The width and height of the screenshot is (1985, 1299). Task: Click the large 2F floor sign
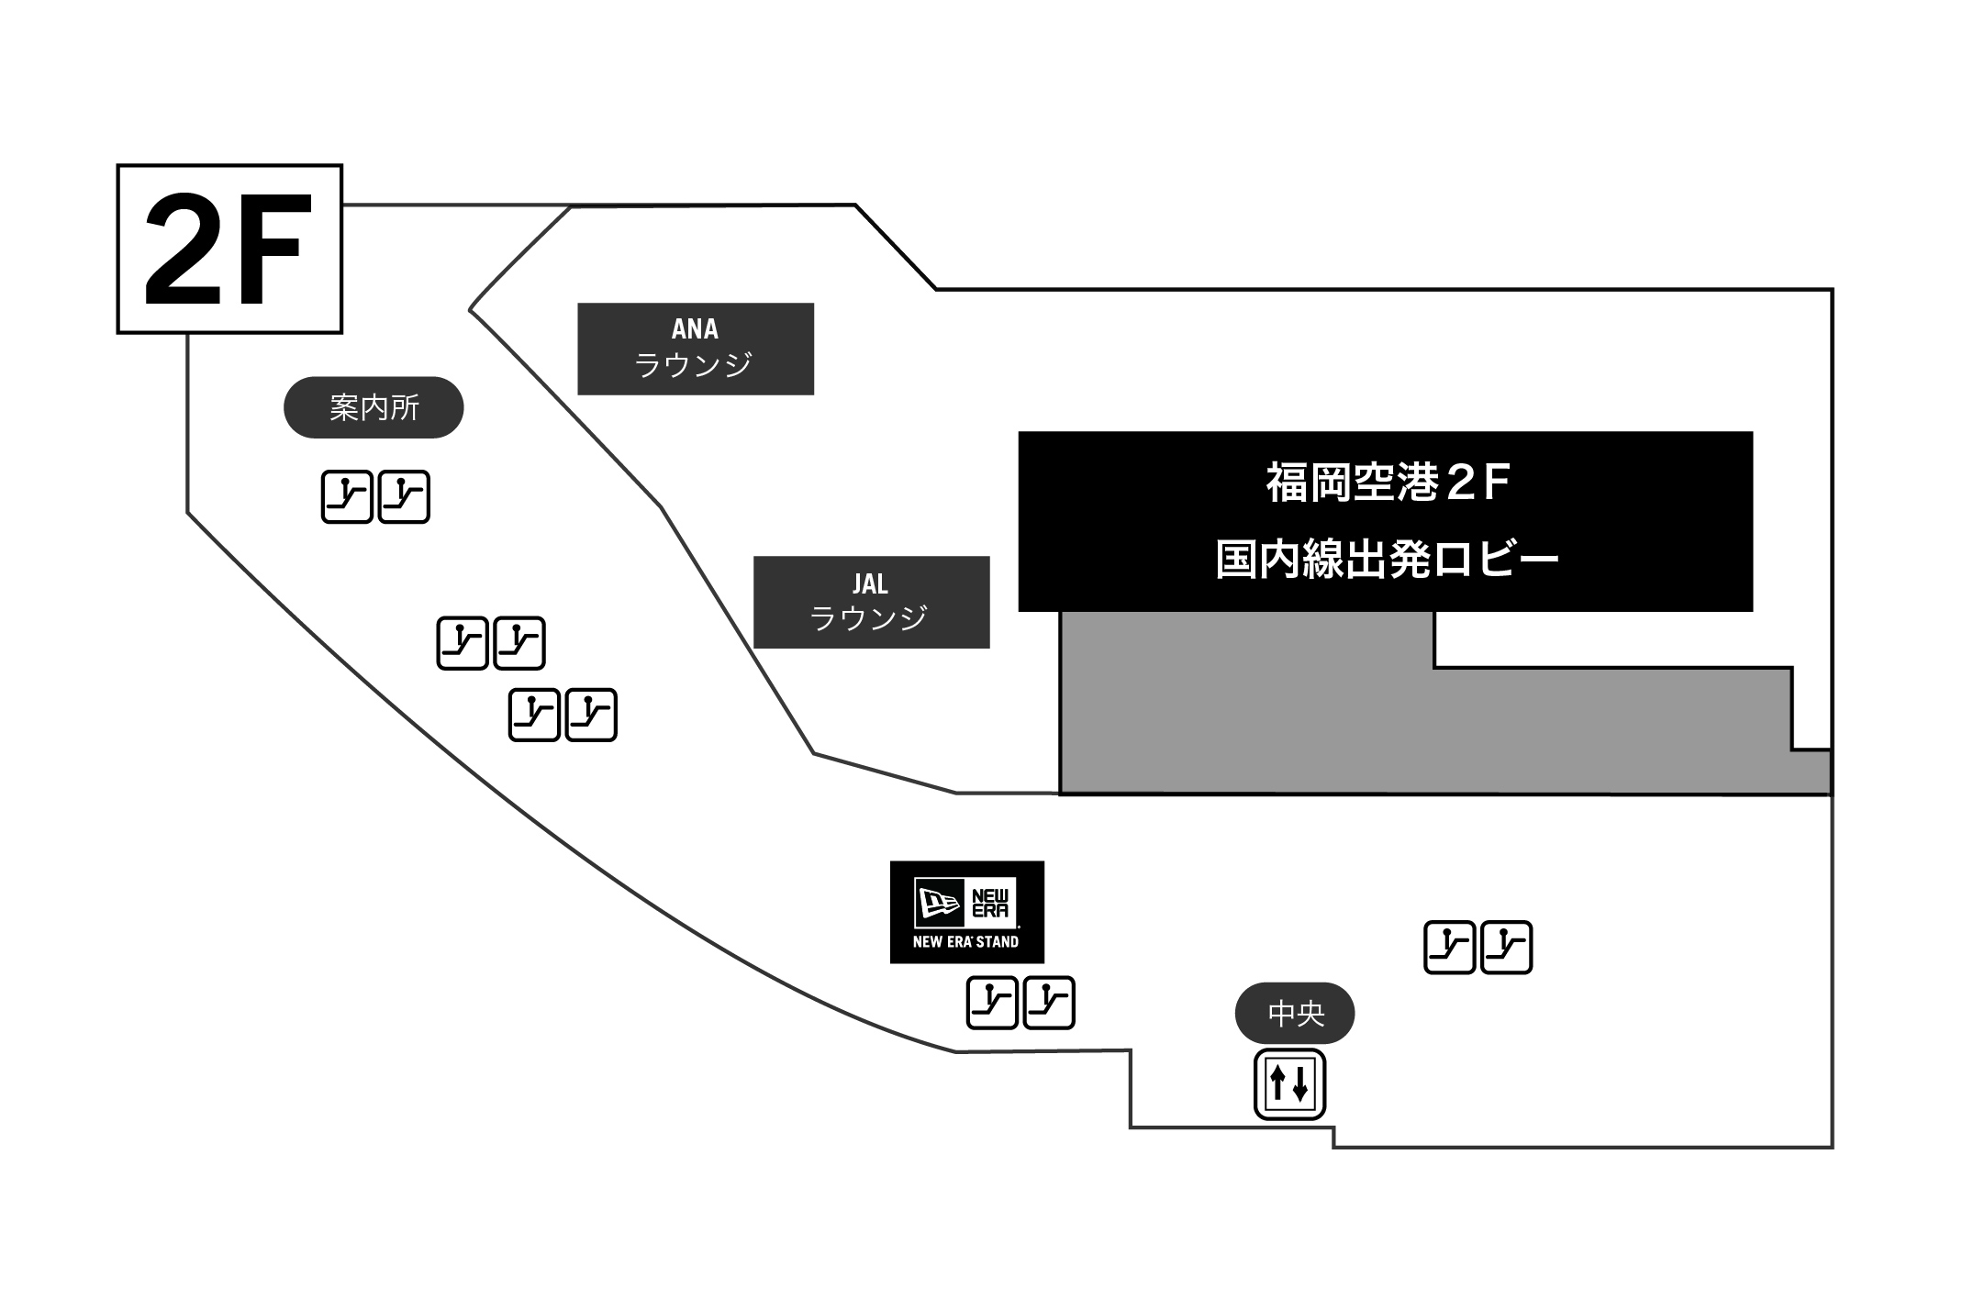click(229, 249)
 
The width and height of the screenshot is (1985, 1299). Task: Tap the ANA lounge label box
click(696, 349)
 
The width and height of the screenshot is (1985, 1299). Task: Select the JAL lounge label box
click(872, 602)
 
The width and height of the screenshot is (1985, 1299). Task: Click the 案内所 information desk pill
click(374, 407)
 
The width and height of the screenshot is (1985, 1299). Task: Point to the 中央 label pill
click(1295, 1013)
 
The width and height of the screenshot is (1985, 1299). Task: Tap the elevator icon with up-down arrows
click(1290, 1084)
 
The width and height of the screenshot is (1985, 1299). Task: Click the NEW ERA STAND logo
click(967, 912)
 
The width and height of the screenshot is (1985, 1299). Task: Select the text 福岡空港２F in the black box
click(1387, 483)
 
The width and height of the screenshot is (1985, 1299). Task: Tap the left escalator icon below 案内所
click(347, 496)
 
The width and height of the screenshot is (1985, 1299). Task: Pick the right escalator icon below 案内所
click(404, 496)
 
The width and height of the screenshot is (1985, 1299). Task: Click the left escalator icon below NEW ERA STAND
click(992, 1003)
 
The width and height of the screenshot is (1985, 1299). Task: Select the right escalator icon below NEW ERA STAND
click(1049, 1003)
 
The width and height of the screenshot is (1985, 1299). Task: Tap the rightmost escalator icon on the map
click(1507, 948)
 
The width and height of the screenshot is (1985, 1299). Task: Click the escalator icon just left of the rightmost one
click(1450, 948)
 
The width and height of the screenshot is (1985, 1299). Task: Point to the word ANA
click(695, 328)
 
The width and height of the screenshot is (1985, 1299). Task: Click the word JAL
click(870, 583)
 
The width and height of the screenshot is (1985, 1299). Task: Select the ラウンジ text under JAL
click(869, 618)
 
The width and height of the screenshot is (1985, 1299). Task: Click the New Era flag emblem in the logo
click(938, 903)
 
